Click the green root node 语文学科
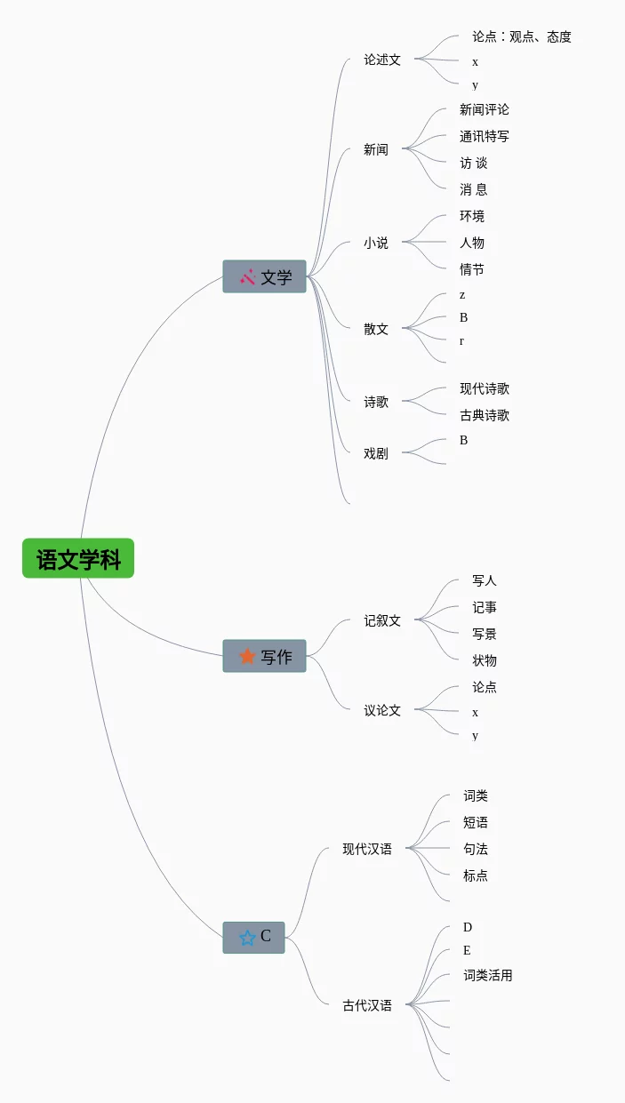(78, 559)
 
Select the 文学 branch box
(264, 276)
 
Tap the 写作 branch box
(264, 656)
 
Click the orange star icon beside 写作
(247, 656)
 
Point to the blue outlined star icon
(247, 937)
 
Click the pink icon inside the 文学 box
(247, 276)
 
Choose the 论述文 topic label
(382, 60)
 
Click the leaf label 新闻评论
(485, 109)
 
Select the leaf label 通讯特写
(485, 136)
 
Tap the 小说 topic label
(376, 243)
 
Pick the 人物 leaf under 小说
(472, 243)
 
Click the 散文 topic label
(376, 329)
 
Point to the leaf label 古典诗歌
(485, 415)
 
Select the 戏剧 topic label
(376, 453)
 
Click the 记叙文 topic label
(382, 620)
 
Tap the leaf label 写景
(485, 634)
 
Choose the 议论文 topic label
(382, 710)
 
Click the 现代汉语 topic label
(367, 849)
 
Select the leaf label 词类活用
(488, 975)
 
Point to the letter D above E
(468, 927)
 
